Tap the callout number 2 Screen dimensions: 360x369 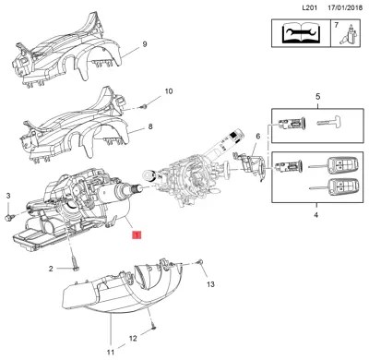[51, 269]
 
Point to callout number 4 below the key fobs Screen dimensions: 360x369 [315, 216]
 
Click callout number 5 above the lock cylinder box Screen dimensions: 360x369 [316, 96]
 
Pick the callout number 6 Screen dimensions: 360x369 [257, 136]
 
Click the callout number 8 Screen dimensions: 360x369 [150, 126]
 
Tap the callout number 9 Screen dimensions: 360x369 [144, 44]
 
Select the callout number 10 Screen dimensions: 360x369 [167, 91]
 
